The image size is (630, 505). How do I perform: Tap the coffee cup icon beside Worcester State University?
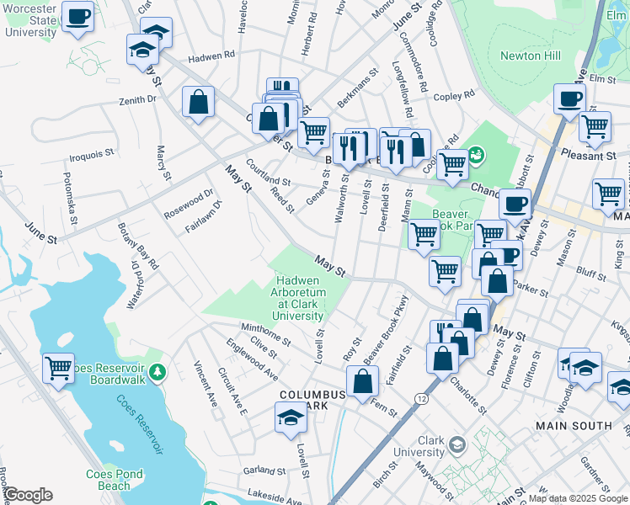[x=77, y=17]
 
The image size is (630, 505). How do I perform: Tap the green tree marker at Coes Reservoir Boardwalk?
[x=156, y=371]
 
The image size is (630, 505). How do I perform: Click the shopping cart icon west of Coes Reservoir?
[x=58, y=368]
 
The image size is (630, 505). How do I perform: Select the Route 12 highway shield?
[x=420, y=396]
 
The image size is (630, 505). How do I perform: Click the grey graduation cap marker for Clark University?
[x=456, y=444]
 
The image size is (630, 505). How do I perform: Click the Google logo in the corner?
[x=28, y=495]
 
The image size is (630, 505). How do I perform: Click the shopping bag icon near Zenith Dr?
[x=198, y=103]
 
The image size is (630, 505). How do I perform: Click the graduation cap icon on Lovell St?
[x=291, y=417]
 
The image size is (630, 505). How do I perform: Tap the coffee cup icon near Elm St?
[x=569, y=98]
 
